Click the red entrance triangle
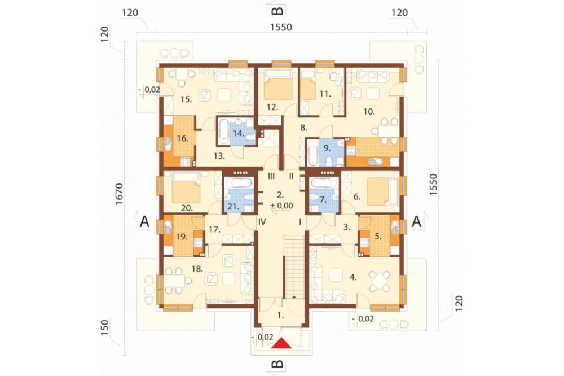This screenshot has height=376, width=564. tap(281, 343)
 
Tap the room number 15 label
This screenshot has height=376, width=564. tap(186, 99)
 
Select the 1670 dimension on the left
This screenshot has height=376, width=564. tap(119, 194)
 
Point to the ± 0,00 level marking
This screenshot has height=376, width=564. tap(281, 206)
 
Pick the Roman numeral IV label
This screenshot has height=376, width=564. tap(262, 222)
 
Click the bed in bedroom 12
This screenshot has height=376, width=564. tap(278, 86)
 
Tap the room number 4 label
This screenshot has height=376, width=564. tap(353, 277)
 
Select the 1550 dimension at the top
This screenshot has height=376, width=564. tap(281, 27)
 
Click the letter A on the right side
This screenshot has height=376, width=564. tap(417, 221)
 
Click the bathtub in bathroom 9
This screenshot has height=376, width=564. tap(312, 153)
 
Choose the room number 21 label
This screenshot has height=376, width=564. tap(233, 207)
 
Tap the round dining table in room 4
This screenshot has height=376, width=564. tap(380, 281)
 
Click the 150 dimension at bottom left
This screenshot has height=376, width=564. tap(105, 327)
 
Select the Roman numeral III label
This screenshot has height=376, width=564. tap(271, 176)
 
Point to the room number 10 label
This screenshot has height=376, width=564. tap(369, 111)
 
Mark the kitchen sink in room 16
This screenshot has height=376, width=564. tap(168, 144)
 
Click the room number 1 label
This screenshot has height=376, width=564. tap(281, 315)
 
